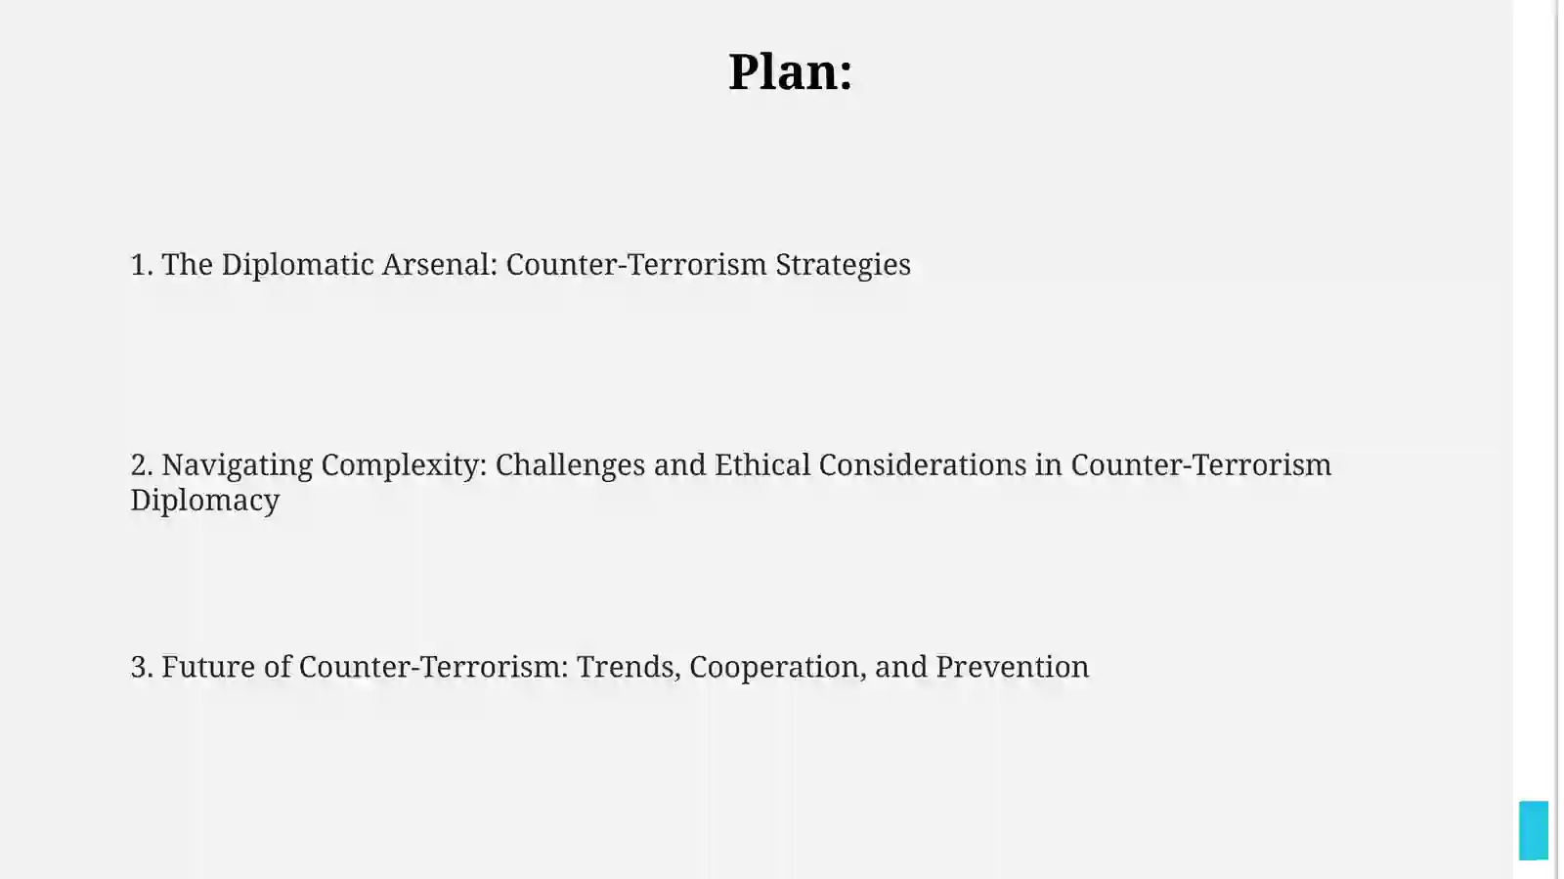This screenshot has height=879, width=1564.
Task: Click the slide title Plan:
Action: (791, 71)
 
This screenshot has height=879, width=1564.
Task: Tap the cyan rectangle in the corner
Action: (1534, 830)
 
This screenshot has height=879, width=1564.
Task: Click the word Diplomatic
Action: (297, 265)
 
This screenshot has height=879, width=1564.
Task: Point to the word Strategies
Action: (843, 265)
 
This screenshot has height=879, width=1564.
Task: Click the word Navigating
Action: (238, 465)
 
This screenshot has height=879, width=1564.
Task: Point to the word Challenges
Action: (570, 465)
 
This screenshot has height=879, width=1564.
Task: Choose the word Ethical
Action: (761, 465)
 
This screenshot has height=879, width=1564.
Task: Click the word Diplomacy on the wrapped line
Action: (205, 501)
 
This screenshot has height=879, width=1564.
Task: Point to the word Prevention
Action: (1013, 667)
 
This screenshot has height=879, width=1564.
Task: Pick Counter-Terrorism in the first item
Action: (636, 265)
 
